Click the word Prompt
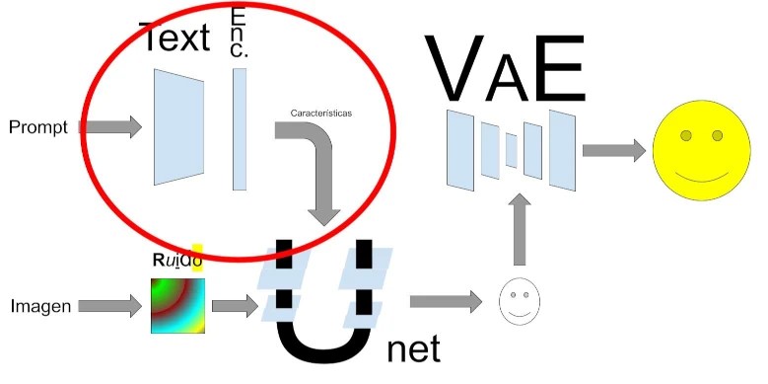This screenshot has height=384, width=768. point(36,127)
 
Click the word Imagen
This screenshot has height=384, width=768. point(40,307)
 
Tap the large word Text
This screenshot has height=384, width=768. point(175,38)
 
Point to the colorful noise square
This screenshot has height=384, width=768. point(176,306)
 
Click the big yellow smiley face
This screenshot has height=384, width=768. point(702,151)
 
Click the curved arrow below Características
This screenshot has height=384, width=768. point(317,168)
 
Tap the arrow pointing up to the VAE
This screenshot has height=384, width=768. point(521,228)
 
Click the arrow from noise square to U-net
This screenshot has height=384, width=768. point(234,306)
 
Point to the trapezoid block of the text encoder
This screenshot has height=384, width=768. point(178,127)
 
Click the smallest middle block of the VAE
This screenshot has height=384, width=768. point(511,151)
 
